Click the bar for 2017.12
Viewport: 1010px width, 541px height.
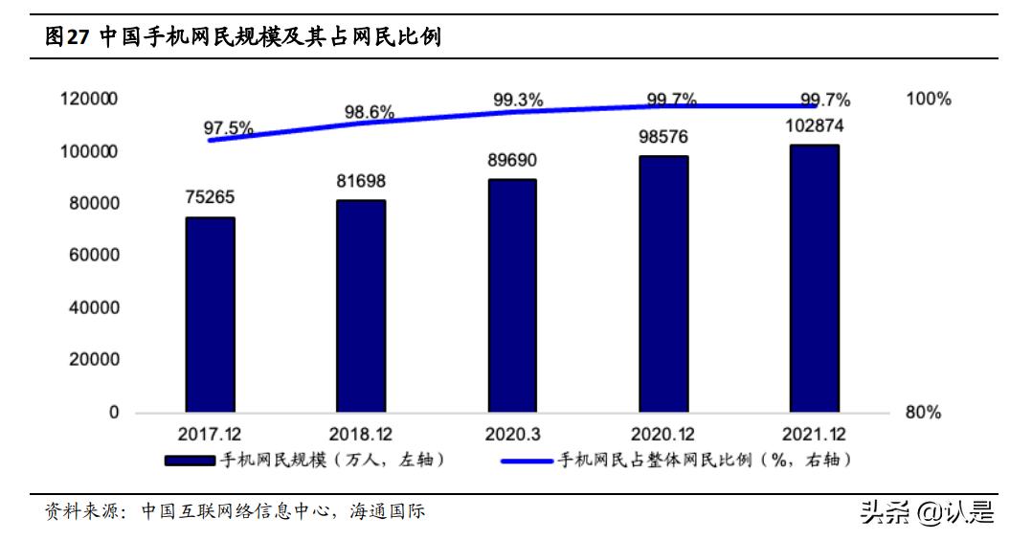coord(210,315)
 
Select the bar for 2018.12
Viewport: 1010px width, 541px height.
coord(361,306)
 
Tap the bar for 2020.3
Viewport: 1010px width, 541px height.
coord(512,296)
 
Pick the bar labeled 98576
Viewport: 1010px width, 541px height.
coord(663,284)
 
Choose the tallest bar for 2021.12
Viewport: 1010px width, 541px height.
coord(814,279)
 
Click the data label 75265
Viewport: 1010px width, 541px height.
coord(210,198)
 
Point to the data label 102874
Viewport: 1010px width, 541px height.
coord(815,125)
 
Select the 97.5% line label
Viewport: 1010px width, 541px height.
coord(228,127)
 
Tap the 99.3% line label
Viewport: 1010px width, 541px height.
coord(518,99)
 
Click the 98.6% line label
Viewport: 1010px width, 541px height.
coord(370,112)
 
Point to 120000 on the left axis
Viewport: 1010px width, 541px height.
coord(88,99)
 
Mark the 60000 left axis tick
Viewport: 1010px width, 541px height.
coord(93,256)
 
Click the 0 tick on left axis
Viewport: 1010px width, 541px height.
coord(113,413)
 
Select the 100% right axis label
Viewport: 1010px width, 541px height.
coord(928,99)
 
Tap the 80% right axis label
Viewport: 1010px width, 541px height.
coord(923,413)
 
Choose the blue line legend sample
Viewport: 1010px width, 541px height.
coord(527,462)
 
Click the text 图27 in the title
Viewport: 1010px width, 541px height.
coord(67,37)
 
